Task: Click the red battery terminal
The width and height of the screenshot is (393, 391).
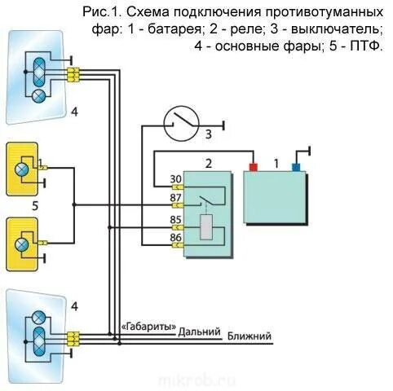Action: (x=253, y=167)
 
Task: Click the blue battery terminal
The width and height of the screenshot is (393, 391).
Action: (x=296, y=167)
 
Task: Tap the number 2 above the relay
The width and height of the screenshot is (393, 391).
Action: (x=208, y=164)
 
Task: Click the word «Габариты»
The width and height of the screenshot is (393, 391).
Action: (x=148, y=327)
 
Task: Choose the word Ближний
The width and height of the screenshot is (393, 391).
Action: (x=249, y=336)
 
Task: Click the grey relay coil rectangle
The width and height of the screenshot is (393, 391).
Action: (x=205, y=228)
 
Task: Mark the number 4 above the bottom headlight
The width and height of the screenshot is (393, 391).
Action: (x=75, y=306)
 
